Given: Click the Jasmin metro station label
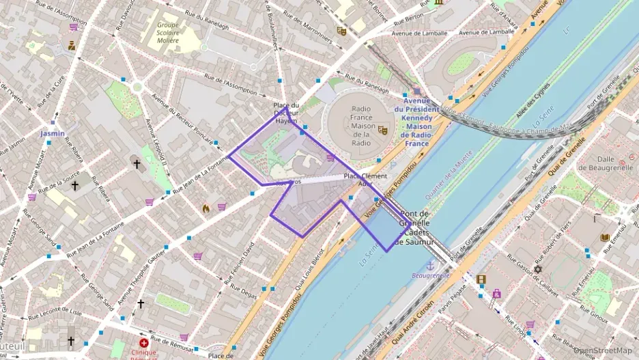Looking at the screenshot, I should (53, 133).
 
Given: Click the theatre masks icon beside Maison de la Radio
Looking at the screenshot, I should (382, 130).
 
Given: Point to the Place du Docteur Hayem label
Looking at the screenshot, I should (286, 113).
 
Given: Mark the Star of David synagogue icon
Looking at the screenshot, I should (537, 270).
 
